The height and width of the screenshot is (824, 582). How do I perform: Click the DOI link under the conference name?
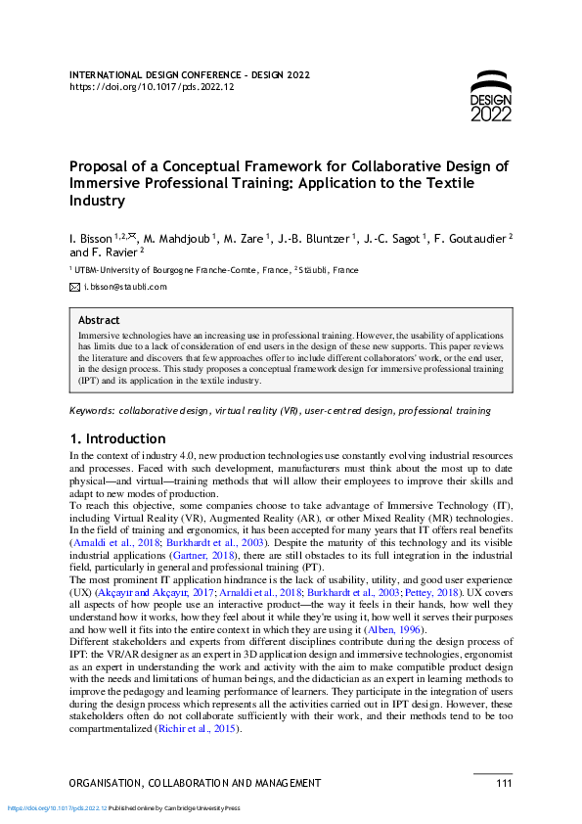(152, 87)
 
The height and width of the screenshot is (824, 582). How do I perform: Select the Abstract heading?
(99, 320)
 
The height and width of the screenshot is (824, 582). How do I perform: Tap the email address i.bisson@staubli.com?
(125, 287)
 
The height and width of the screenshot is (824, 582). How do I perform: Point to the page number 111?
(504, 783)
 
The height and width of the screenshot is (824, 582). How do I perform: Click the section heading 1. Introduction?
(117, 438)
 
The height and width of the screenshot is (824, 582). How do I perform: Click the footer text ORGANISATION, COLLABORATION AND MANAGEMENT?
(196, 783)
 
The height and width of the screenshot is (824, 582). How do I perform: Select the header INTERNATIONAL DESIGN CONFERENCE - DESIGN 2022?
(190, 74)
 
